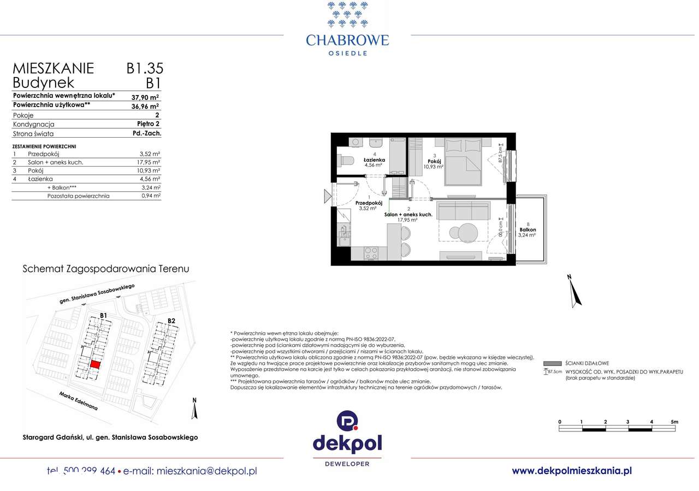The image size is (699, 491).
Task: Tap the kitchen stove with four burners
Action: [x=371, y=253]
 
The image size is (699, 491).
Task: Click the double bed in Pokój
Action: [x=463, y=162]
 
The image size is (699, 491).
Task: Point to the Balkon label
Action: [x=528, y=230]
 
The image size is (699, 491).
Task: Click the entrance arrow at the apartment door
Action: [x=327, y=195]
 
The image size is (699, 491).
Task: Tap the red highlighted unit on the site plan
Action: [x=95, y=364]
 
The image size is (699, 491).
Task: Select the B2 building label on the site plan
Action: [x=171, y=321]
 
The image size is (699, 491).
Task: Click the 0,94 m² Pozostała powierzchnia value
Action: [x=150, y=196]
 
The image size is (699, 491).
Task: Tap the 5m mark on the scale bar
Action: [x=674, y=422]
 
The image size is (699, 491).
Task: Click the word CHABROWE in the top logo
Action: [x=347, y=40]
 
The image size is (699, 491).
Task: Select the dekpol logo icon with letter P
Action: [x=347, y=422]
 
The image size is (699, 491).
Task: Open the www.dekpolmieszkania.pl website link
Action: [x=572, y=470]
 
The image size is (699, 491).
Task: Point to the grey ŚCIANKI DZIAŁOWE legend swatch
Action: [x=553, y=364]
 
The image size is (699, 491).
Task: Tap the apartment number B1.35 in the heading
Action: [x=145, y=68]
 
